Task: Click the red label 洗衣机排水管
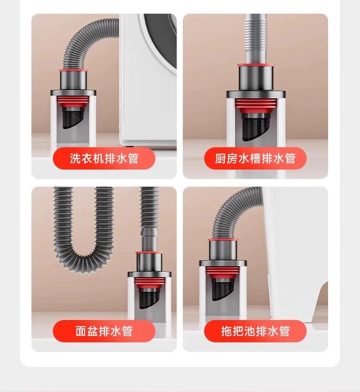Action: point(104,158)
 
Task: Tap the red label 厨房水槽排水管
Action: point(255,158)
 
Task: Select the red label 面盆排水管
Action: point(104,331)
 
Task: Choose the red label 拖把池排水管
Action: point(255,331)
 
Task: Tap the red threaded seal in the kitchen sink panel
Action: point(256,105)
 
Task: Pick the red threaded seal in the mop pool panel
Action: point(222,272)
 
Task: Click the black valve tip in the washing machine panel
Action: point(72,119)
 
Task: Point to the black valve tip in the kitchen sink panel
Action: point(256,128)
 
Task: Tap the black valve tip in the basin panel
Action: point(149,299)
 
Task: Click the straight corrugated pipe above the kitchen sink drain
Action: point(256,39)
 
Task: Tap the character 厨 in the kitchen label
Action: point(221,158)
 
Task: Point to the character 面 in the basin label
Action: point(81,331)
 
